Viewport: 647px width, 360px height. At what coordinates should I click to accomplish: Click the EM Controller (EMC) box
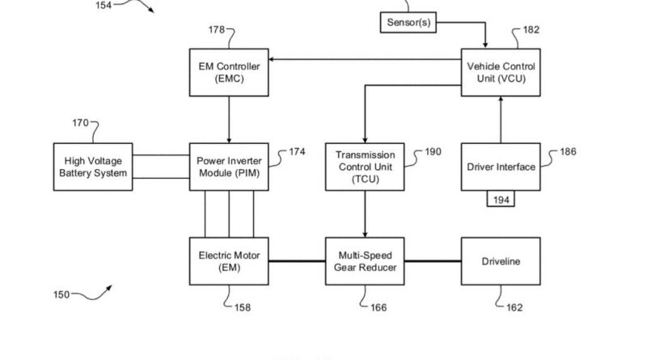[x=228, y=71]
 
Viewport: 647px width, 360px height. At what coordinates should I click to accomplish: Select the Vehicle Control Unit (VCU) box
[x=500, y=71]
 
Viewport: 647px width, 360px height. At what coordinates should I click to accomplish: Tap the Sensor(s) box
[x=408, y=23]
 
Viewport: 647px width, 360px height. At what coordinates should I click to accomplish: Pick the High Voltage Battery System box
[x=92, y=167]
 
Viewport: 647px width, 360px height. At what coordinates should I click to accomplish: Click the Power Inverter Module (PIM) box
[x=228, y=167]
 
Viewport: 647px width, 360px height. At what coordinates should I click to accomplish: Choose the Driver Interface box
[x=501, y=167]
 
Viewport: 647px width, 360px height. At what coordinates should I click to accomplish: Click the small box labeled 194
[x=501, y=199]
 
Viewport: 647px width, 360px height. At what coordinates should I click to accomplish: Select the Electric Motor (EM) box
[x=228, y=261]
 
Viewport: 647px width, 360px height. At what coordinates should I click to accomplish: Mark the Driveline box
[x=501, y=261]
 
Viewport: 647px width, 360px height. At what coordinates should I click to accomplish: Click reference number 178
[x=217, y=31]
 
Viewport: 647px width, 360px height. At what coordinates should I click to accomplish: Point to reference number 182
[x=530, y=31]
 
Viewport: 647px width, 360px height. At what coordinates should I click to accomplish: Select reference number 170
[x=81, y=125]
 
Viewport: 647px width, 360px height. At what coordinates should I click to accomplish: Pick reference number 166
[x=377, y=307]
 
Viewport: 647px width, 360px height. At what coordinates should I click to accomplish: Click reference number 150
[x=61, y=294]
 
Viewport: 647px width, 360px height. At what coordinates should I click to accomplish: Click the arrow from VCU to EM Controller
[x=364, y=59]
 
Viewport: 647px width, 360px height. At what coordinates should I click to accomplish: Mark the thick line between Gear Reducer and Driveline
[x=432, y=261]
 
